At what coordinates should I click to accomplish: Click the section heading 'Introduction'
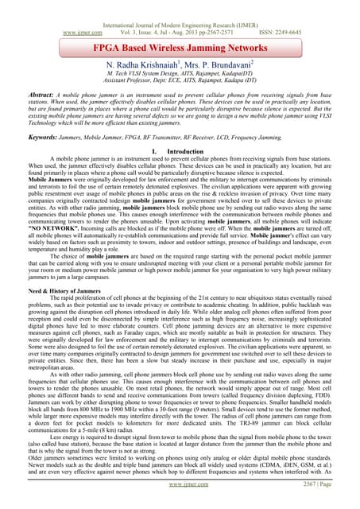tap(188, 150)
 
